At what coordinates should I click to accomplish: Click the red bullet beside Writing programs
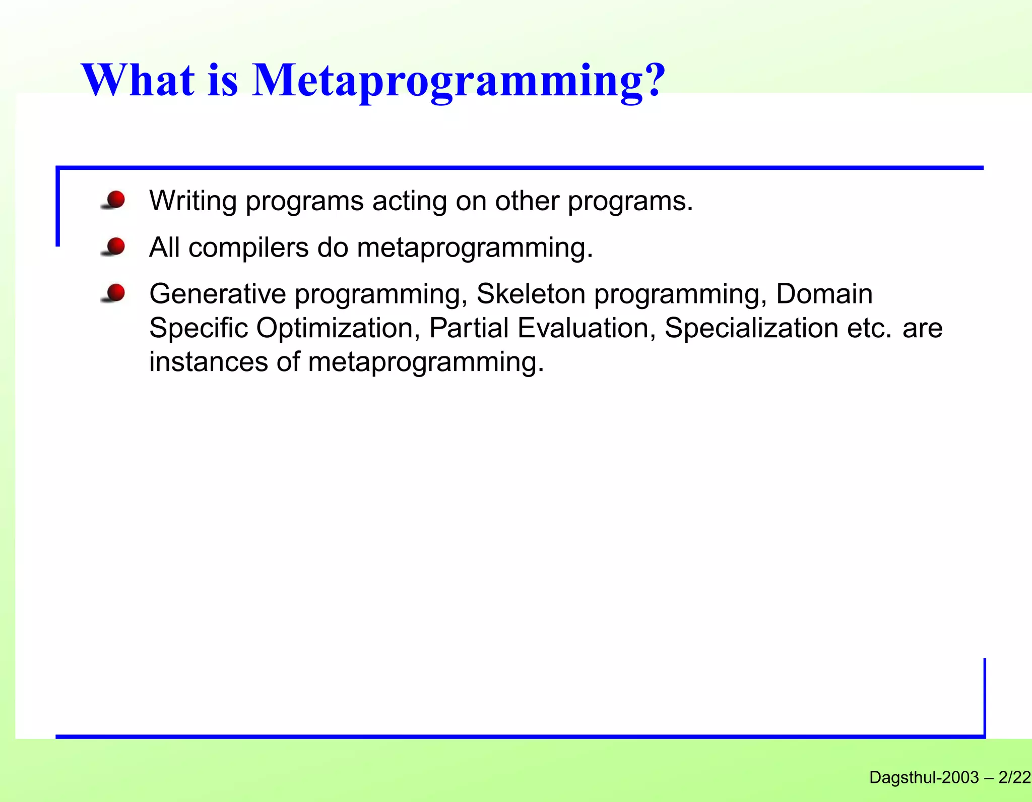[116, 200]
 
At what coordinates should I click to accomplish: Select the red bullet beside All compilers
[116, 246]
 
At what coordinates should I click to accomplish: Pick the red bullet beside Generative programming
[116, 292]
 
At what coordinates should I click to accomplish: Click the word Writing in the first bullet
[193, 201]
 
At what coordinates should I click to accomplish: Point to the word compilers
[248, 248]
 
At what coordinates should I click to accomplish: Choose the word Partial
[469, 328]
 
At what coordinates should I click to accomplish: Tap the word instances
[208, 362]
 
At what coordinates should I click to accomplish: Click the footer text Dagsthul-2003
[924, 778]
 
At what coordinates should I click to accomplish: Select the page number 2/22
[1014, 778]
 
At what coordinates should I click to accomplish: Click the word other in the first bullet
[527, 201]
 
